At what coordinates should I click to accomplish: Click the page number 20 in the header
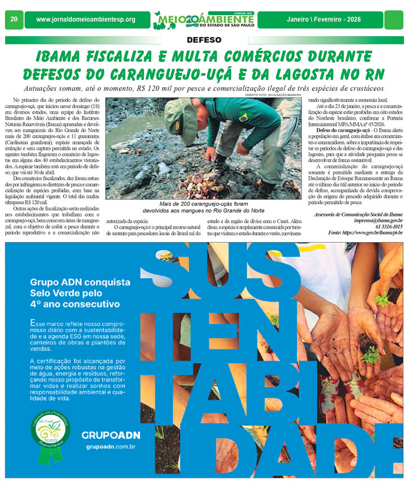click(x=13, y=19)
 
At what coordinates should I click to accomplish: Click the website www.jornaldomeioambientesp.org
click(x=85, y=20)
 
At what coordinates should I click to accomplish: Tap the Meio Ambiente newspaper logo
click(x=205, y=20)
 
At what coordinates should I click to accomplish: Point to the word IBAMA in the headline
click(x=62, y=57)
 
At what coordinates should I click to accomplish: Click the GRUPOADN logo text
click(x=110, y=435)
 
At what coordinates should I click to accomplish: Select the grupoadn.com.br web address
click(x=110, y=448)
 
